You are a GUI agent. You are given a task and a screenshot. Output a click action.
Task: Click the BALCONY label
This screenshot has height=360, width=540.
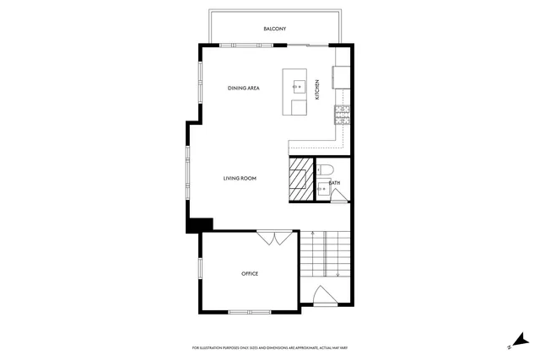(x=274, y=29)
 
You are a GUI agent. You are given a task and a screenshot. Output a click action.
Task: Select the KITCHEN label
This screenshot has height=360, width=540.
(x=317, y=89)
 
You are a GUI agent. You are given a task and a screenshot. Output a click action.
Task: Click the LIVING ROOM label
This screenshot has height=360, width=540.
(x=240, y=179)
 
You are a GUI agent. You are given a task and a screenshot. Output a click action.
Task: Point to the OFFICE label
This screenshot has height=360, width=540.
(x=249, y=273)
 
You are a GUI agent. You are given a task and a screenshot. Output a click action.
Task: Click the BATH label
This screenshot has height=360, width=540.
(x=334, y=183)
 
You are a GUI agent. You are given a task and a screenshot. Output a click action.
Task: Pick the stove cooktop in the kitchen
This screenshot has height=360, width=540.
(x=343, y=110)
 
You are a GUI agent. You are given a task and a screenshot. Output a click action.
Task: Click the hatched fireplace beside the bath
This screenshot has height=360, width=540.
(x=301, y=180)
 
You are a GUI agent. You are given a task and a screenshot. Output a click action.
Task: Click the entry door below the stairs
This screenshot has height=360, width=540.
(x=324, y=296)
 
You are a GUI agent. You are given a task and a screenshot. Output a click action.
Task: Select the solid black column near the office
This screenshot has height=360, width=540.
(x=200, y=224)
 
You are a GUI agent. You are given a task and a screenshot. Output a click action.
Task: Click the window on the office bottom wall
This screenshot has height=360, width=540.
(x=249, y=313)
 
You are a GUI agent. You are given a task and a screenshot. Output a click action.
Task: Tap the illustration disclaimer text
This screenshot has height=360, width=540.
(x=270, y=348)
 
